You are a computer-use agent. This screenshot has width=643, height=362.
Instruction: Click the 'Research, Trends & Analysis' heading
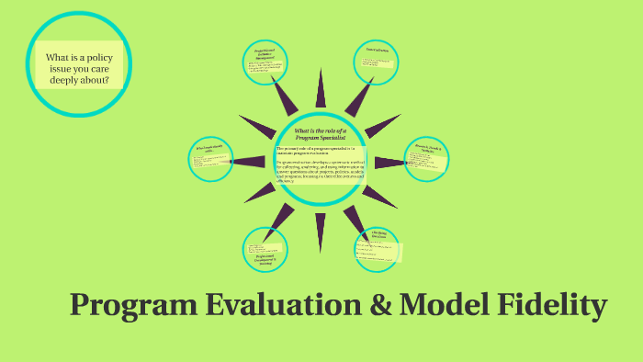pos(428,146)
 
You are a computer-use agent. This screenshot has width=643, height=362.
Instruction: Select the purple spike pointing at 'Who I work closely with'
pos(248,162)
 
